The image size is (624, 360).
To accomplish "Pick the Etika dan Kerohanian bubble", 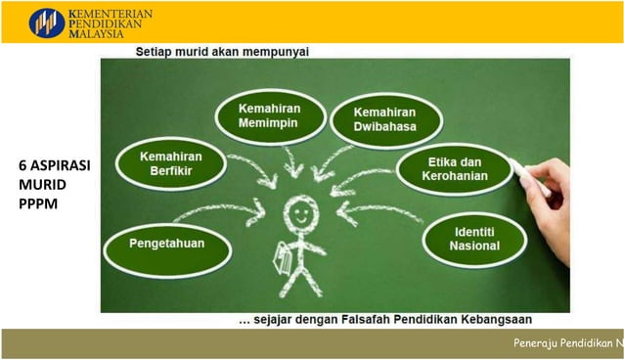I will pyautogui.click(x=455, y=168).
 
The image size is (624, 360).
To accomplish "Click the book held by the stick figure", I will pyautogui.click(x=285, y=260).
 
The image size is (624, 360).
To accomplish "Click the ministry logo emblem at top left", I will pyautogui.click(x=47, y=22).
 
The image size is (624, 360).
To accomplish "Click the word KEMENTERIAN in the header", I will pyautogui.click(x=111, y=12).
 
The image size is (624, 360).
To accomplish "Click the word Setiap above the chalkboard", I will pyautogui.click(x=156, y=51).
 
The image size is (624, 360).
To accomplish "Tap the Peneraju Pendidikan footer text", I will pyautogui.click(x=568, y=343).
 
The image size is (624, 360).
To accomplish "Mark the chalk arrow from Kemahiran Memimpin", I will pyautogui.click(x=291, y=166).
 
